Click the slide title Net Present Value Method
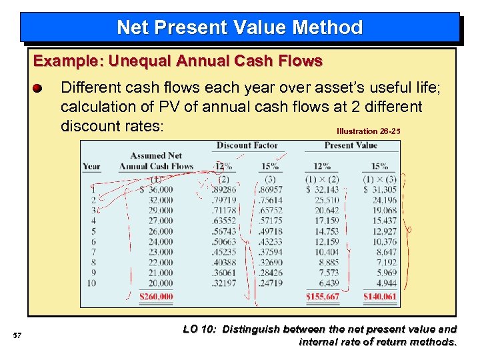coord(239,27)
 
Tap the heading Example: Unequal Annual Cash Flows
coord(178,61)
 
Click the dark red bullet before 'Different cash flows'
coord(38,88)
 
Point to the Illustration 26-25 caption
coord(369,131)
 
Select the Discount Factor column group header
coord(247,145)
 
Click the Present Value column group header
coord(351,145)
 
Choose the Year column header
coord(91,167)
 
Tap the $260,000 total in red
coord(156,297)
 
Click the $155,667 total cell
coord(323,297)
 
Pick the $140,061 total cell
coord(380,297)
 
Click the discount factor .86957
coord(269,189)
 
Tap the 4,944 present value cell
coord(386,283)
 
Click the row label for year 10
coord(92,283)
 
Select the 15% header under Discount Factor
coord(269,167)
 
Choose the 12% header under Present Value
coord(322,167)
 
